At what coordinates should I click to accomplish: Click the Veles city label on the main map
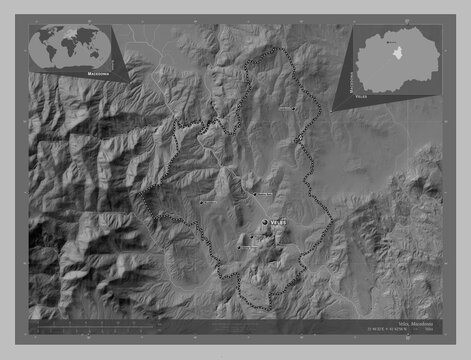click(279, 221)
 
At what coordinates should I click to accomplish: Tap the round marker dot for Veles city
click(265, 221)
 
